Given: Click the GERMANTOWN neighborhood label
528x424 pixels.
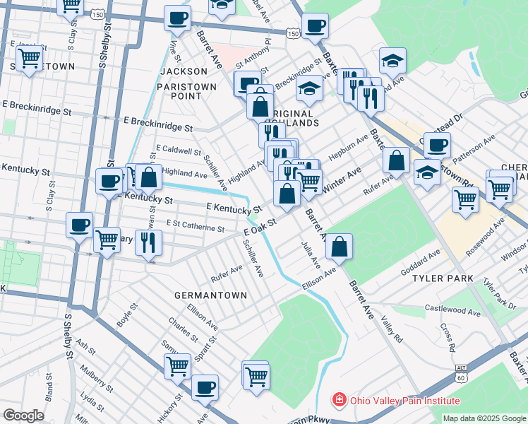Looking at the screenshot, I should coord(211,295).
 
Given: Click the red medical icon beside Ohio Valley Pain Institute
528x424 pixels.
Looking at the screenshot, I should coord(340,400).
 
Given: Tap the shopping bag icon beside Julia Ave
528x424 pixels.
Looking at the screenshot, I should coord(340,247).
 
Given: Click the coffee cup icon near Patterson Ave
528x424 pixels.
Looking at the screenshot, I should coord(436,146).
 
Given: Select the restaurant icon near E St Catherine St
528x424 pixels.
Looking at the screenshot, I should coord(149,243).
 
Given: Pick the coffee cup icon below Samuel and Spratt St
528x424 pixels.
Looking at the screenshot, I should coord(205,387).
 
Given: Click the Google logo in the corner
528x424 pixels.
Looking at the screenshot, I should coord(23,416).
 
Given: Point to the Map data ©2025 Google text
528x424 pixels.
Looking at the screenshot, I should coord(484,418).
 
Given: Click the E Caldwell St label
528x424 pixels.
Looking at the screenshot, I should coord(179,150).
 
